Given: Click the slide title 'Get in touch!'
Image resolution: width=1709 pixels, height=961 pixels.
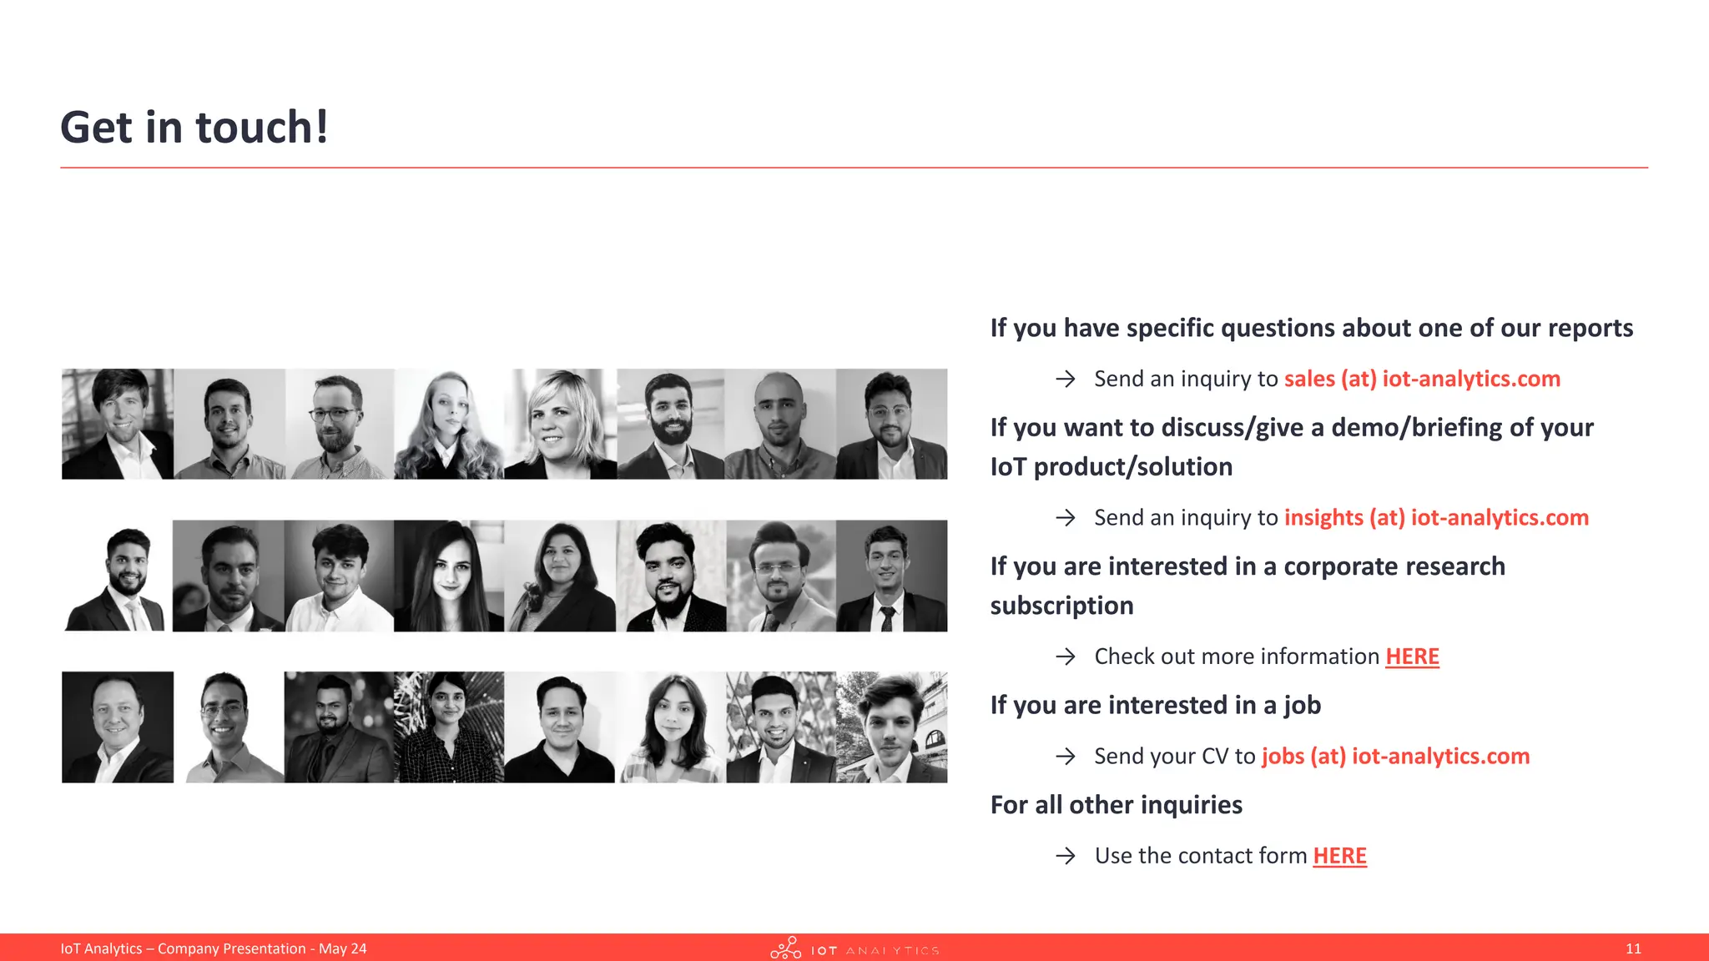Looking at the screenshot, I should (194, 128).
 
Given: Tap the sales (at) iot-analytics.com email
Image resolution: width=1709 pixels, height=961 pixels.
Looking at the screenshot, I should (1421, 379).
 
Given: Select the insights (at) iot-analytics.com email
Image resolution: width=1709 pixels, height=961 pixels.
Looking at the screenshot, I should (1435, 517).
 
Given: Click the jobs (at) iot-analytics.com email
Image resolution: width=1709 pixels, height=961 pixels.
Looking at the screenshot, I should (1395, 756).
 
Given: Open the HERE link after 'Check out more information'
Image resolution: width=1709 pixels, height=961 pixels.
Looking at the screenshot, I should (1412, 657).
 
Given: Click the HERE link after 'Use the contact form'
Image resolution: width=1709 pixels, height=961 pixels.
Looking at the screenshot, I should (1339, 856).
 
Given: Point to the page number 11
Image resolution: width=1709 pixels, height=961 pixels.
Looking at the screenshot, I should (1633, 948).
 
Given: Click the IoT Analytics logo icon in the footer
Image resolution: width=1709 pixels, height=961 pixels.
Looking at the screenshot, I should (785, 948).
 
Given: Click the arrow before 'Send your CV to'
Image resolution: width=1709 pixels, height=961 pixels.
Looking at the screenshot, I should (1066, 757).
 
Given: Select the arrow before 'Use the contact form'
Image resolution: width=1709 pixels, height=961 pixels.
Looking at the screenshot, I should (1066, 856).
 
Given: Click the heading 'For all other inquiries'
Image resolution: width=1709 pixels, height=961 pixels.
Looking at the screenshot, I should (1116, 805).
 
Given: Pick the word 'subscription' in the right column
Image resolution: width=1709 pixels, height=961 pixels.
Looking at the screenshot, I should (1061, 606).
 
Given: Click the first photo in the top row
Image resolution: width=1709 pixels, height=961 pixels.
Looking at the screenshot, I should (118, 424).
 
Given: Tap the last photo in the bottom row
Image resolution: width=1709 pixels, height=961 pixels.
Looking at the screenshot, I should (891, 727).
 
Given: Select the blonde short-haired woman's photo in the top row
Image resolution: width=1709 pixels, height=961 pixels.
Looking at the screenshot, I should (560, 424).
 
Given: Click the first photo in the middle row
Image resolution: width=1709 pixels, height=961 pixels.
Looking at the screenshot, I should (118, 576).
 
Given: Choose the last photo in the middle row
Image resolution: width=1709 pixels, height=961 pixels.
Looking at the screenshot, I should (891, 576).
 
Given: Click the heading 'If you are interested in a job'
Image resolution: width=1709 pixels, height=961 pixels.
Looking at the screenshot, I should (1155, 706).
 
